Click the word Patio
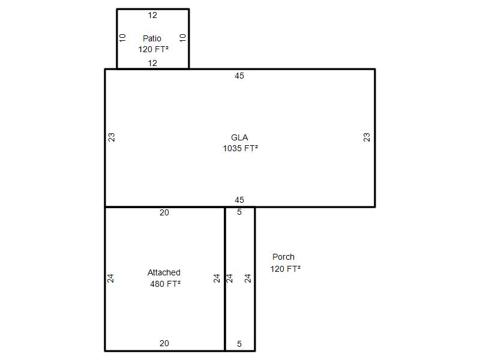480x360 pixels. (152, 38)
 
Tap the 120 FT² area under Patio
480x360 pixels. (154, 49)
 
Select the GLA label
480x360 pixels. (239, 137)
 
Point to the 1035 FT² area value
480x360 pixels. (241, 148)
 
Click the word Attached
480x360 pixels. (164, 272)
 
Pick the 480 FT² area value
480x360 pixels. (166, 284)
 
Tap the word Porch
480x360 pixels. (283, 257)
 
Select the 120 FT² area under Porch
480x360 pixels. (286, 269)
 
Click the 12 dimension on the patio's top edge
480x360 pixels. (152, 16)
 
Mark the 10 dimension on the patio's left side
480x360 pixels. (122, 38)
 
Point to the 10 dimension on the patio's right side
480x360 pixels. (183, 38)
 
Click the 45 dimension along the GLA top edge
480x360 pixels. (239, 76)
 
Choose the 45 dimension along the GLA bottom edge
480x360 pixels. (239, 200)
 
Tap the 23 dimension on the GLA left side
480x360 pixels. (112, 137)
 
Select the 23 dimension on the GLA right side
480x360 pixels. (367, 137)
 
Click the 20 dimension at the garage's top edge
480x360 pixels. (164, 213)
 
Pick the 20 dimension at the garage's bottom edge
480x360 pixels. (164, 343)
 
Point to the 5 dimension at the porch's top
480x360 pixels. (239, 212)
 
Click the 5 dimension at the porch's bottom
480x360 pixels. (239, 344)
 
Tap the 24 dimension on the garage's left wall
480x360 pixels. (110, 278)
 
